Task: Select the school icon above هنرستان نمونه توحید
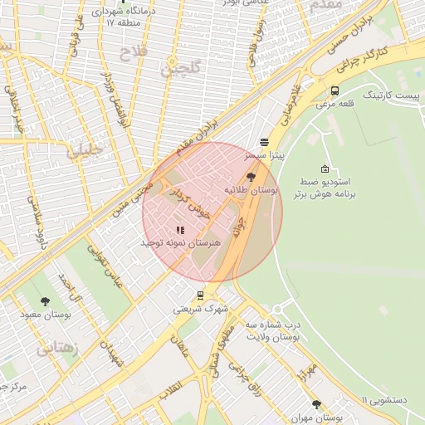tap(179, 230)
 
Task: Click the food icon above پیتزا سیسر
tap(264, 142)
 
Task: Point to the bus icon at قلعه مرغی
tap(335, 91)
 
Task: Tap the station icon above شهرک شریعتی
tap(200, 295)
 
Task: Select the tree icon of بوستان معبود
tap(45, 301)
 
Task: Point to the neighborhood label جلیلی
tap(86, 151)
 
